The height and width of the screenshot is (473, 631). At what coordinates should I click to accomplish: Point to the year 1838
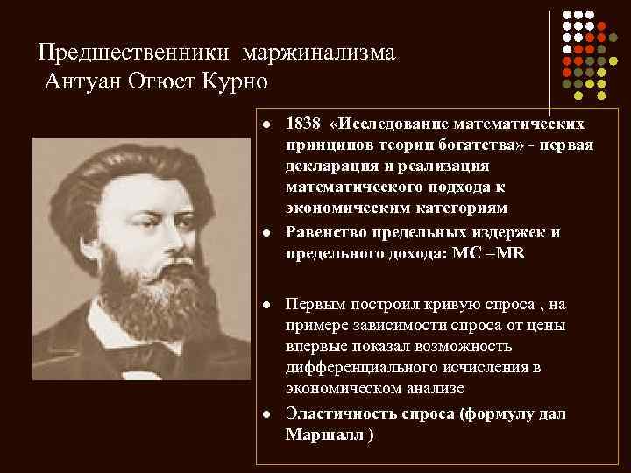coord(304,124)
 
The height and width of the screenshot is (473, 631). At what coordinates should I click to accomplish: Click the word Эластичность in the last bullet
coord(337,414)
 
